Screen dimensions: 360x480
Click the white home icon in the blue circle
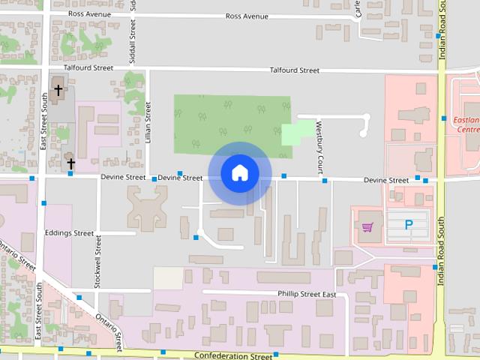239,172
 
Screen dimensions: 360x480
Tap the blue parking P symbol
409,224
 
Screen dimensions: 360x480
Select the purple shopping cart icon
367,226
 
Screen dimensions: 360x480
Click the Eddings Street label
69,233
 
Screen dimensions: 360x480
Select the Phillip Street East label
306,295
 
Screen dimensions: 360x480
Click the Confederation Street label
232,355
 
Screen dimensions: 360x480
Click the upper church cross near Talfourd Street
58,91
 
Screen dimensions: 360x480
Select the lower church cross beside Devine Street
70,163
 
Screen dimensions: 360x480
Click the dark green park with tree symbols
225,120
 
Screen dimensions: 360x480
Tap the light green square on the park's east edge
296,133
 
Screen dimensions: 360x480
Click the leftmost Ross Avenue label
89,13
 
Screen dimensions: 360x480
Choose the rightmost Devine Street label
386,180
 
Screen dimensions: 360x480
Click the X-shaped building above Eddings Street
147,206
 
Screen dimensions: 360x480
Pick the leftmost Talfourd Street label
88,67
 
